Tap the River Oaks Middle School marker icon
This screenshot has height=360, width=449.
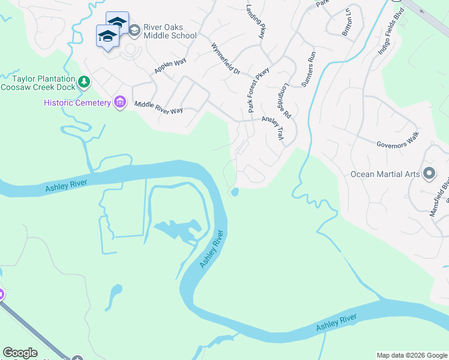tap(134, 29)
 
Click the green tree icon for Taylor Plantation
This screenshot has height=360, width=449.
tap(85, 81)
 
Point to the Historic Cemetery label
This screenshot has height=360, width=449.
tap(77, 103)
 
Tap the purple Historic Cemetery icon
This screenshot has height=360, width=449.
tap(120, 103)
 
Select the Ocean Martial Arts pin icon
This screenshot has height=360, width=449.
tap(429, 174)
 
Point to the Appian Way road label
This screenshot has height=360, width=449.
tap(170, 65)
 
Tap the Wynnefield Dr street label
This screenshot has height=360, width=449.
tap(225, 58)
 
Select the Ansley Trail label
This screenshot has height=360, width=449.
tap(273, 127)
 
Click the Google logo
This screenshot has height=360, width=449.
tap(20, 353)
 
